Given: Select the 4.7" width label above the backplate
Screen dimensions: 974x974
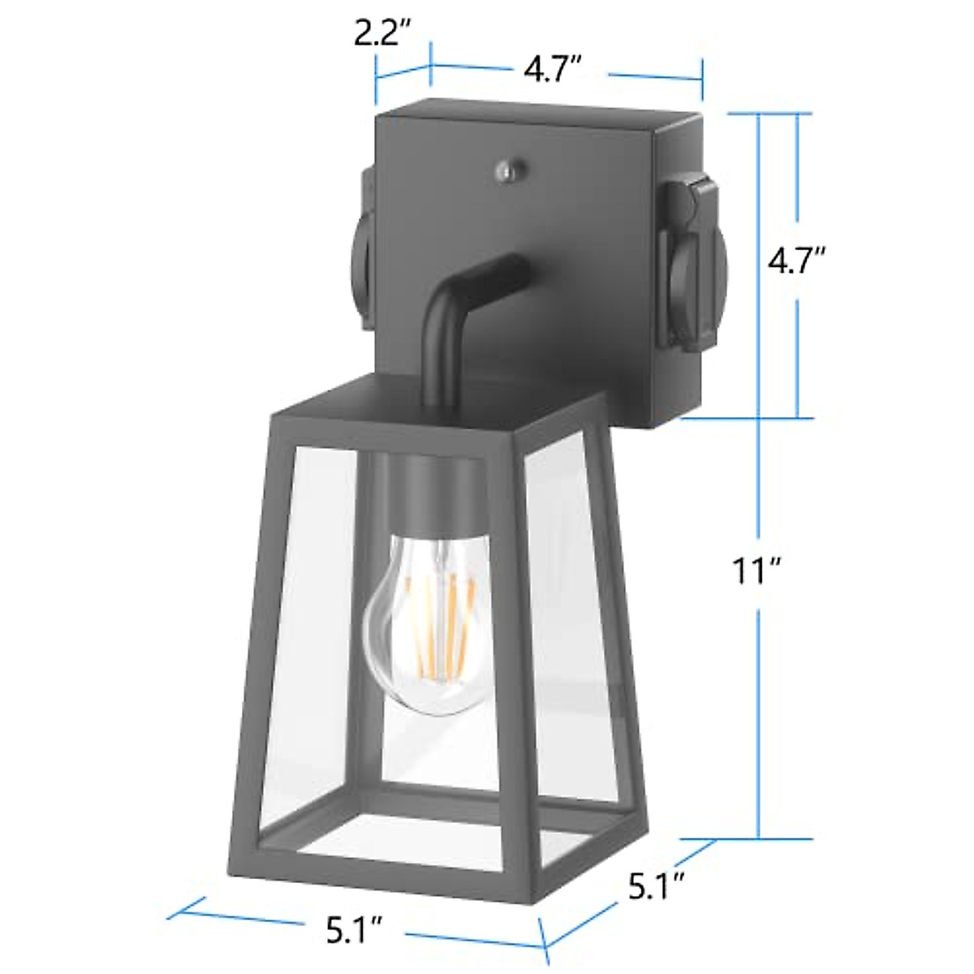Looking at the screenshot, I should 552,71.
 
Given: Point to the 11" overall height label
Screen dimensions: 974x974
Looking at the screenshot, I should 754,571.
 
